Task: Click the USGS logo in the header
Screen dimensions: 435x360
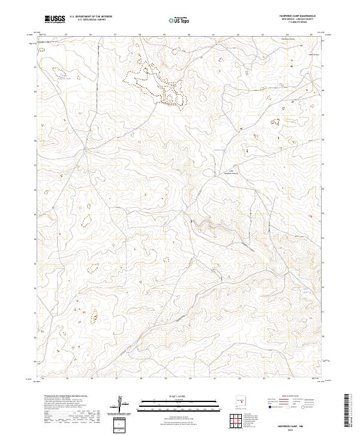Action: point(55,19)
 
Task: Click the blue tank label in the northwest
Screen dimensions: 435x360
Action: point(67,79)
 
